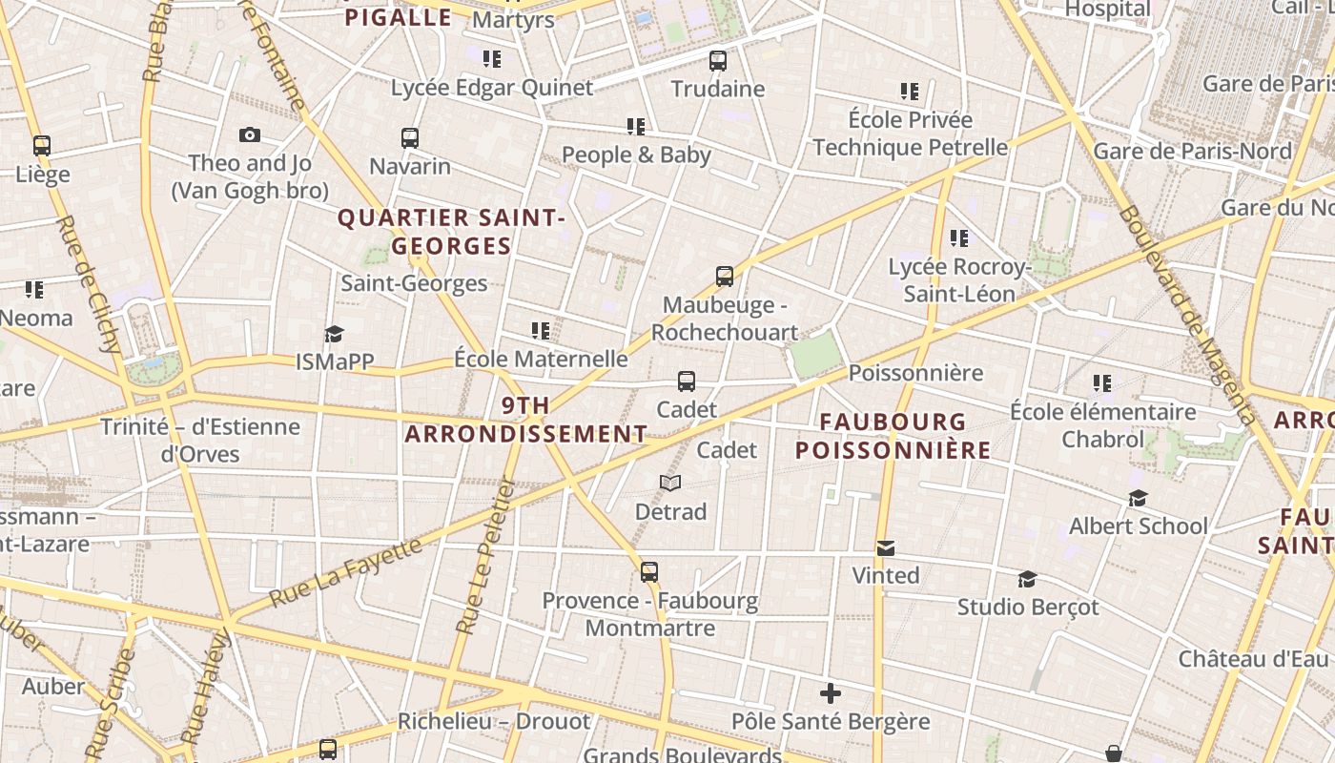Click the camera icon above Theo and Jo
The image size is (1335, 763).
click(x=250, y=135)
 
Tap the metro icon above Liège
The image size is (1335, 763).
click(x=42, y=146)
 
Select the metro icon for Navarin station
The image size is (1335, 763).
click(x=410, y=138)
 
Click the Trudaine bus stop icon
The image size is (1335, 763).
click(x=718, y=61)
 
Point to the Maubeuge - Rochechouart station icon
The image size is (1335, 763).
click(x=725, y=277)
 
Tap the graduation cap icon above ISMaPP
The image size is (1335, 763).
click(x=334, y=334)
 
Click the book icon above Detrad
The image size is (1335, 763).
click(x=670, y=484)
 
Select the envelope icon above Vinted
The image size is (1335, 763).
click(x=886, y=547)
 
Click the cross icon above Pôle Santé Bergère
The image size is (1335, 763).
click(x=831, y=693)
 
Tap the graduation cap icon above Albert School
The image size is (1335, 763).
click(x=1138, y=498)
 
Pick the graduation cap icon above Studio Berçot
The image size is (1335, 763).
click(x=1027, y=579)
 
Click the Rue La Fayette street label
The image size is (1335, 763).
click(x=346, y=573)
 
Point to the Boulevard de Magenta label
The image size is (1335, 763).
click(x=1188, y=315)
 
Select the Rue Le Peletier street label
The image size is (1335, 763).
click(x=485, y=557)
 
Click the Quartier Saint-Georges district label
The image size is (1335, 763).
click(x=452, y=232)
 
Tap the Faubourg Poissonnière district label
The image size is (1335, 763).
click(x=893, y=436)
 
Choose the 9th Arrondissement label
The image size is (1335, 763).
click(x=526, y=420)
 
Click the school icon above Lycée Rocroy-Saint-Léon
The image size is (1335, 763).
click(x=959, y=237)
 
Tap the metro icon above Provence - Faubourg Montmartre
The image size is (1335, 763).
click(x=649, y=572)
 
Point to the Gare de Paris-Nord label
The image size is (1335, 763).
click(x=1192, y=151)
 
